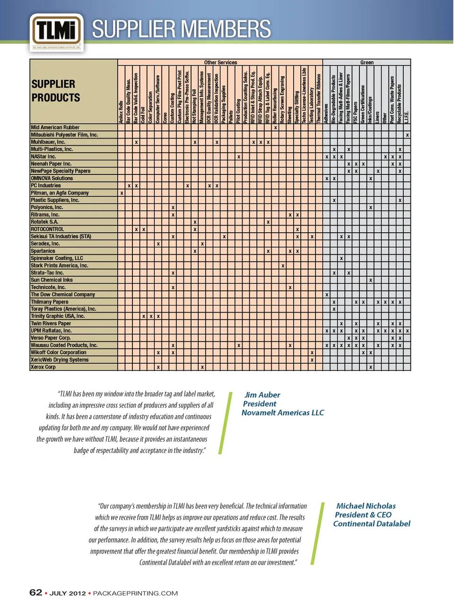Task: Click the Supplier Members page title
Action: click(181, 29)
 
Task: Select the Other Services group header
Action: click(220, 62)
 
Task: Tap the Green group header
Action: click(367, 62)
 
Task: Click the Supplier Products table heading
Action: click(55, 91)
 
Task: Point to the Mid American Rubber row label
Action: click(55, 128)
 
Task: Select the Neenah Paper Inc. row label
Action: click(51, 164)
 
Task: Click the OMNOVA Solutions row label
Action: click(52, 178)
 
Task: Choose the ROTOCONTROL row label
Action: click(47, 229)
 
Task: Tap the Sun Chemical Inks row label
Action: click(52, 280)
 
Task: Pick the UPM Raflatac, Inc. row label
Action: click(51, 331)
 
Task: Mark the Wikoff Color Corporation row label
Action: click(59, 352)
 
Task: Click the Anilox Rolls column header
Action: click(122, 112)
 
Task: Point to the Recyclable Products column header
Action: click(400, 104)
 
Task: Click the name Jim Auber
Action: click(262, 395)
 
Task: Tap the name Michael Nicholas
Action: click(366, 506)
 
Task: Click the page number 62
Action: click(35, 593)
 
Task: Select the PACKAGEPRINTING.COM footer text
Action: click(135, 593)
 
